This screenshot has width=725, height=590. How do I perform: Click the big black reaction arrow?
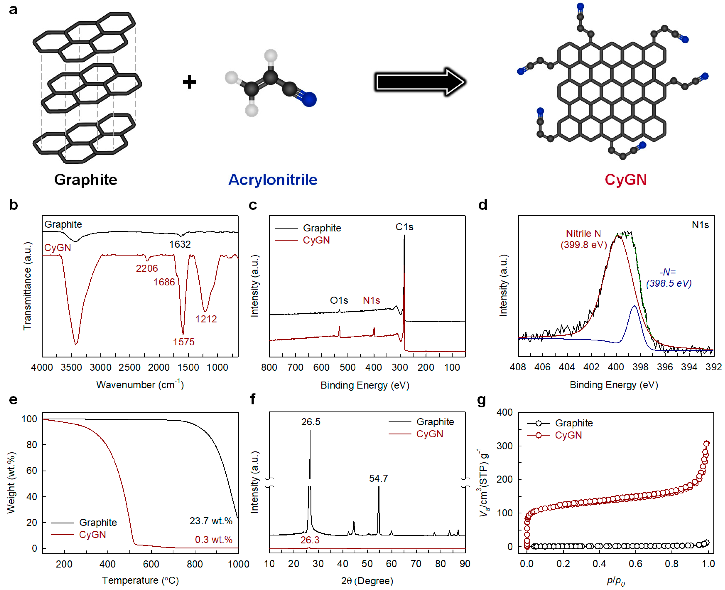[420, 82]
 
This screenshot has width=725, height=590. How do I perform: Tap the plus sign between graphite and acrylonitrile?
[189, 82]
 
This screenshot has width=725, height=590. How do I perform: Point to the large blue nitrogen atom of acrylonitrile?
[309, 99]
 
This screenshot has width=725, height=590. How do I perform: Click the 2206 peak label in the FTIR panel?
[147, 269]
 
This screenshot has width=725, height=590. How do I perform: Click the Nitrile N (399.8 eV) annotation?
[583, 239]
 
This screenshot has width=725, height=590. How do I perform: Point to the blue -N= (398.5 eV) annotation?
[668, 278]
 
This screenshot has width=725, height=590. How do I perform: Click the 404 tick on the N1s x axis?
[567, 367]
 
